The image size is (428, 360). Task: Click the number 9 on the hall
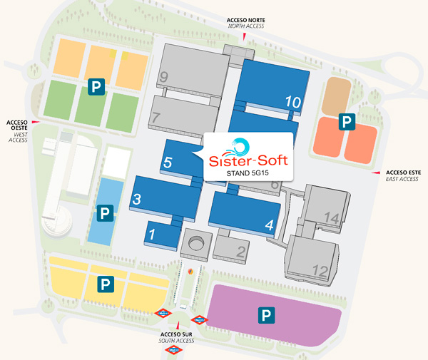164,76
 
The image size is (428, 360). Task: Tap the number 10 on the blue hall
292,102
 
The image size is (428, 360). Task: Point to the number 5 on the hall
168,162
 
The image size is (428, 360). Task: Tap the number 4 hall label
269,225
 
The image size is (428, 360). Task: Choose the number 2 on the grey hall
241,251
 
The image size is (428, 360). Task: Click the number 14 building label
330,217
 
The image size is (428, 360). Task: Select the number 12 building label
320,271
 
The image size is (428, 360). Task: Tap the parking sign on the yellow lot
106,284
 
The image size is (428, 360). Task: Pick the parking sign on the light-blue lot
105,212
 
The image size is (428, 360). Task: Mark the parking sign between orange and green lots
94,87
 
